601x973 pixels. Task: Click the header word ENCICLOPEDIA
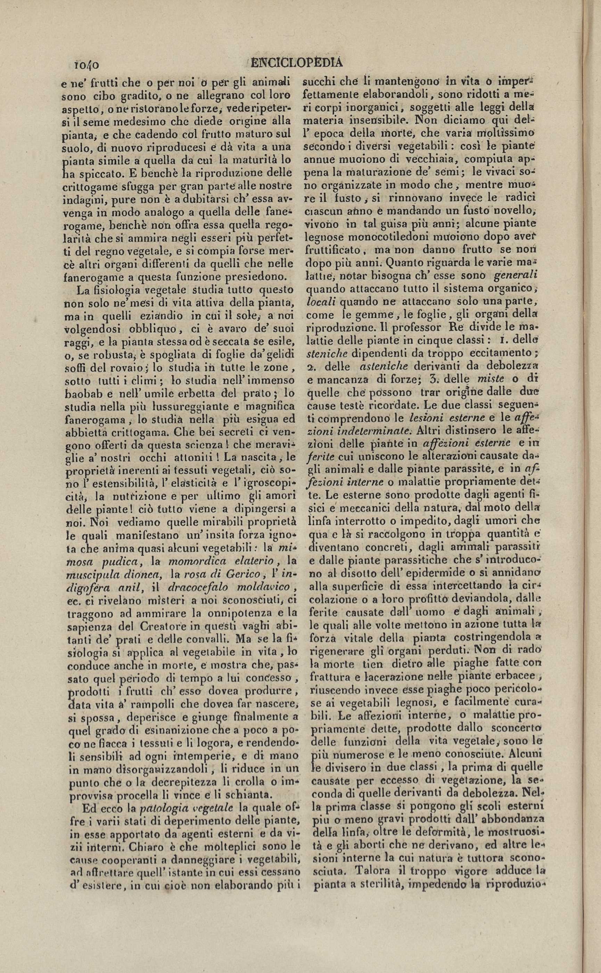(297, 62)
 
